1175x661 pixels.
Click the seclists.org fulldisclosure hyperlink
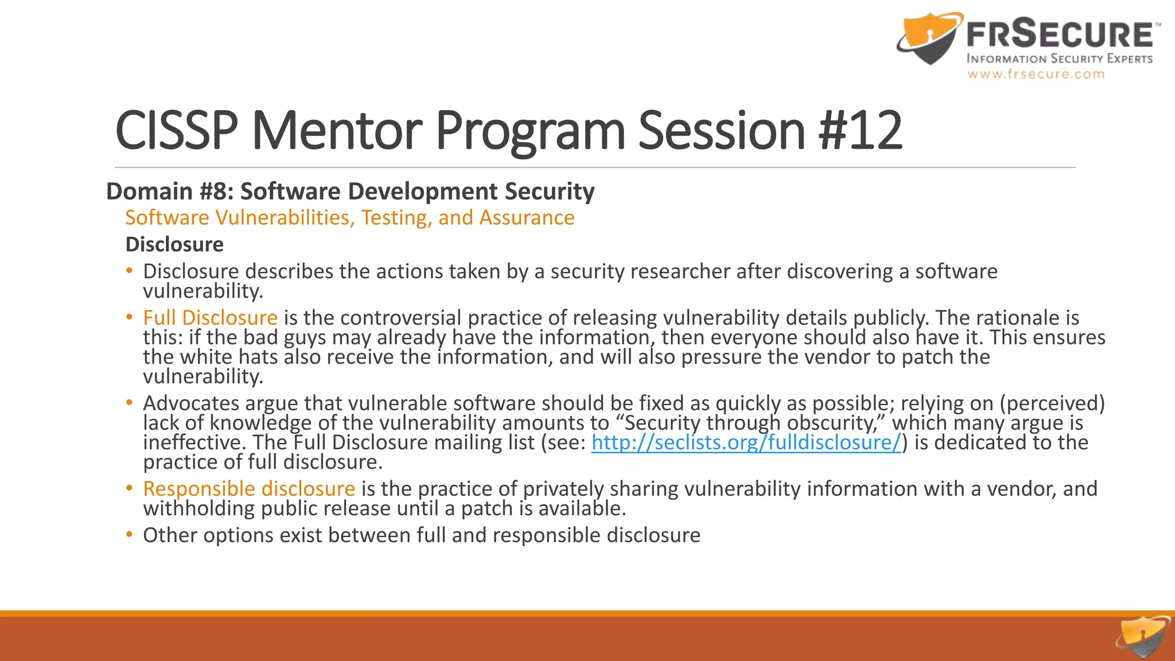tap(746, 443)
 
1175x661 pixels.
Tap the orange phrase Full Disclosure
tap(210, 318)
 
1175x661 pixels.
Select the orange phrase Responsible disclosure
tap(249, 489)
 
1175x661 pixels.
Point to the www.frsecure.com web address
tap(1036, 74)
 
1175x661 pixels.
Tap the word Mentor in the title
tap(337, 131)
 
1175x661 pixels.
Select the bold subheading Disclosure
tap(174, 245)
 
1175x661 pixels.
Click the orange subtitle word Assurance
tap(527, 218)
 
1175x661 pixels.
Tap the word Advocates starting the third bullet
tap(191, 403)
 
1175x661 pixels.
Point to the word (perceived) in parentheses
tap(1052, 403)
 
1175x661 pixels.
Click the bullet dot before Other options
tap(130, 535)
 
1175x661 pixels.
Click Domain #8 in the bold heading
tap(170, 192)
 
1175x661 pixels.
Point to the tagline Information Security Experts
tap(1059, 59)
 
